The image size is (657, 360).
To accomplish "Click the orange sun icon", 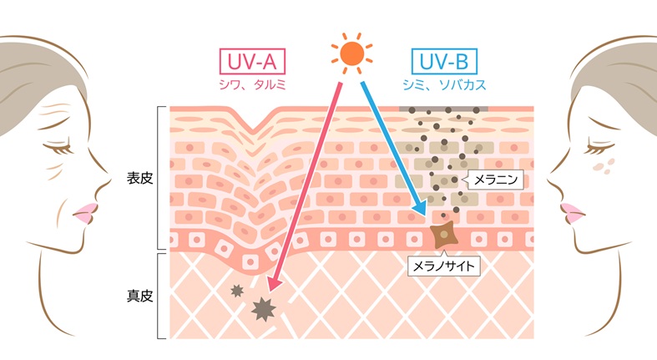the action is click(x=351, y=53).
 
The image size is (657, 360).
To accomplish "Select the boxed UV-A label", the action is click(x=252, y=62).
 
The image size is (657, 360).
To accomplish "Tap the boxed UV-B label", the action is click(x=444, y=62).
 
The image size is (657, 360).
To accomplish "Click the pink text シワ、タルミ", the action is click(x=252, y=84).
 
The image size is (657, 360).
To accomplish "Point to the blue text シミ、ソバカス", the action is click(x=444, y=84).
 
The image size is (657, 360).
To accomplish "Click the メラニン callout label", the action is click(x=495, y=180).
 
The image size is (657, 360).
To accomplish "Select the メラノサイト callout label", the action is click(x=444, y=266).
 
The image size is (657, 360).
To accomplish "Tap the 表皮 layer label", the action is click(x=139, y=179).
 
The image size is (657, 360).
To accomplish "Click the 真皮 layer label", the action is click(x=139, y=296).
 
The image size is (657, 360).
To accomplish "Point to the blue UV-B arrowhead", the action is click(x=419, y=208).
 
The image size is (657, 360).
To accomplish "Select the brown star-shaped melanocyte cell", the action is click(x=444, y=235).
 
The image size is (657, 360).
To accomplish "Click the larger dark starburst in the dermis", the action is click(x=263, y=309).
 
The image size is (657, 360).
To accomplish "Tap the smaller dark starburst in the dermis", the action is click(x=237, y=290).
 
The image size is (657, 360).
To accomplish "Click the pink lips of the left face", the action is click(x=86, y=213).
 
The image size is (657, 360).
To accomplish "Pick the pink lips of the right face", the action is click(x=572, y=213).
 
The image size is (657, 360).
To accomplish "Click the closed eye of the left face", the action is click(x=58, y=147).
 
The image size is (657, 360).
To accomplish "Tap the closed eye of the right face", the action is click(x=600, y=147).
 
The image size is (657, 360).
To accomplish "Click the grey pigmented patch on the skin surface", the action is click(x=443, y=109).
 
